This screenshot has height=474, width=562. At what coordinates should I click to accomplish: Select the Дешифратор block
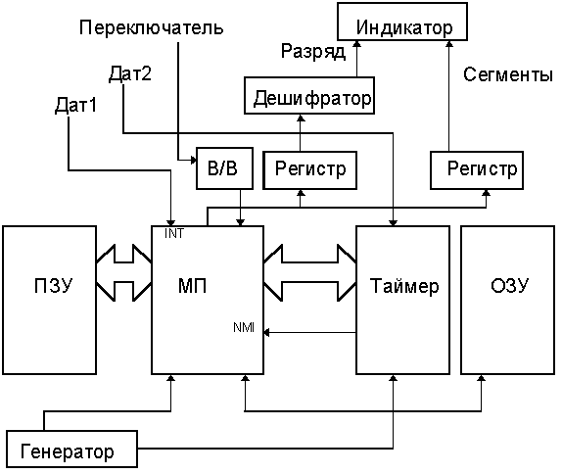[x=308, y=98]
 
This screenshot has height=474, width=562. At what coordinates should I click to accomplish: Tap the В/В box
[x=221, y=168]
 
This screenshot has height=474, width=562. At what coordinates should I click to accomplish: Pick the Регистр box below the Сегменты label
[x=481, y=169]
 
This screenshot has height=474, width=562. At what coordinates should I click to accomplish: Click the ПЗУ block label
[x=49, y=287]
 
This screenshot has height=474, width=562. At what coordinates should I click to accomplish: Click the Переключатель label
[x=152, y=27]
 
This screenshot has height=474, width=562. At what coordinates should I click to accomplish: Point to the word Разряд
[x=313, y=52]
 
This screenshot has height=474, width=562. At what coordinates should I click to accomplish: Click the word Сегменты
[x=500, y=73]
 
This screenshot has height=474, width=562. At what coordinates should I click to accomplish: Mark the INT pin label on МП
[x=175, y=235]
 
